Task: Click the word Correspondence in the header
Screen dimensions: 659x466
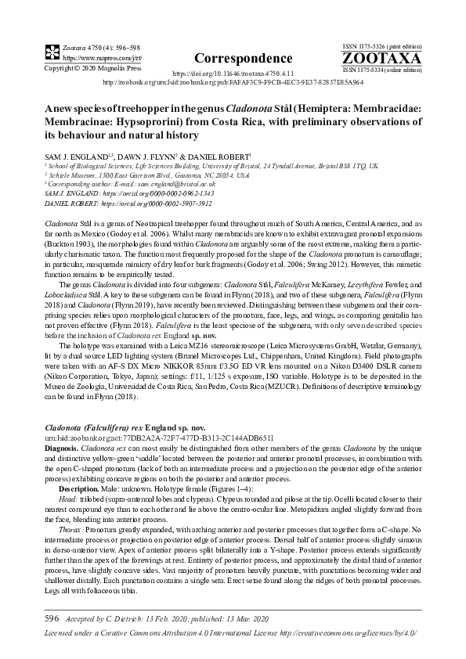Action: pyautogui.click(x=232, y=58)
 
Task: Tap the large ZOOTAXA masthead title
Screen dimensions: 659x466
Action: pyautogui.click(x=383, y=59)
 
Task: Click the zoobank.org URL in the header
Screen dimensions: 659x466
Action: pyautogui.click(x=233, y=81)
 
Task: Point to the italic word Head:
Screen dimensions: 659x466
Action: pyautogui.click(x=68, y=499)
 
